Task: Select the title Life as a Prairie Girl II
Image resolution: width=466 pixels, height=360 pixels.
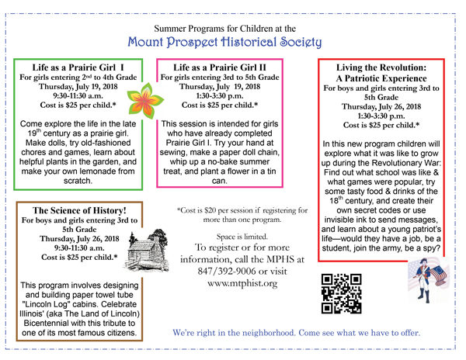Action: pos(217,68)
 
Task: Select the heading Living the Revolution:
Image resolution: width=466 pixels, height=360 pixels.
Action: pos(374,67)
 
